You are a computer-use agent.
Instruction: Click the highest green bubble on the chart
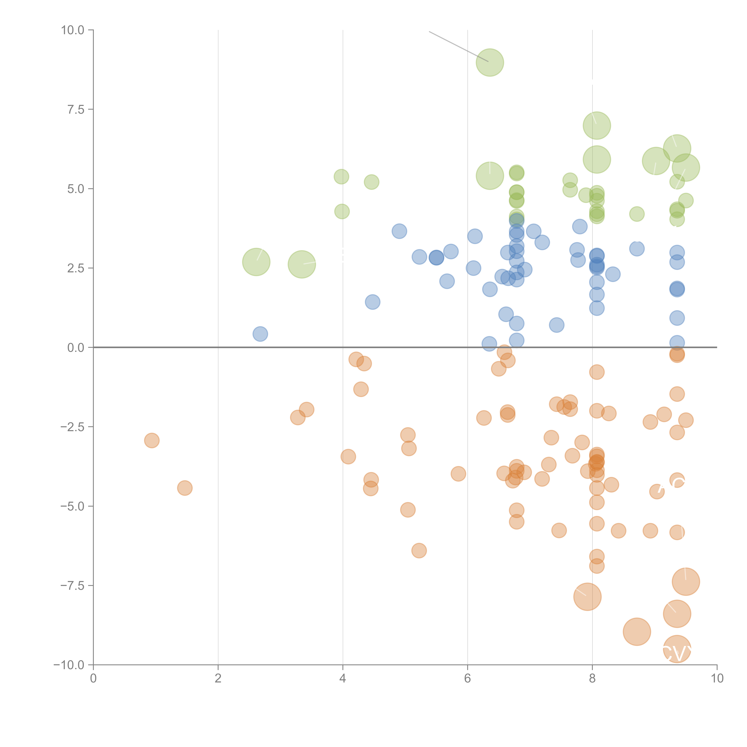[490, 63]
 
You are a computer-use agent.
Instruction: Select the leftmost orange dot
[152, 440]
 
